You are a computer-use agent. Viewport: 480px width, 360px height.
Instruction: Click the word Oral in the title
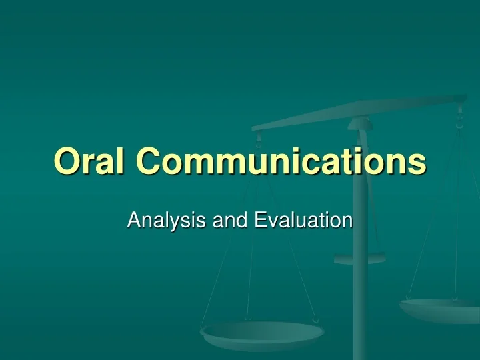click(89, 161)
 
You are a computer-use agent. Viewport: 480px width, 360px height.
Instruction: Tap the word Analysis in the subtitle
click(166, 221)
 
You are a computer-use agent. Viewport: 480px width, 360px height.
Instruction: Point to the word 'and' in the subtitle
click(229, 220)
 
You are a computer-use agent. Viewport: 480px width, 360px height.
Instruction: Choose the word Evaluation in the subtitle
click(303, 220)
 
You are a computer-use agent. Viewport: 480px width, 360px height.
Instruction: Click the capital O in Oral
click(67, 161)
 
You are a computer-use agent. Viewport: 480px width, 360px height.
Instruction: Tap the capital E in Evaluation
click(261, 220)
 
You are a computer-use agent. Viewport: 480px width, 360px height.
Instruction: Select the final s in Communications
click(417, 165)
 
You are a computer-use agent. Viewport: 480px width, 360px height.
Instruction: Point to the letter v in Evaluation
click(274, 222)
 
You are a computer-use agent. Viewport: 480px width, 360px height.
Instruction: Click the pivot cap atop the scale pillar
click(360, 124)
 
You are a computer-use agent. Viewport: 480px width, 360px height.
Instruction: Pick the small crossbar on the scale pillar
click(360, 259)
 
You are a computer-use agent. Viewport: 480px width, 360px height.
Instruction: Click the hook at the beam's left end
click(259, 140)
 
